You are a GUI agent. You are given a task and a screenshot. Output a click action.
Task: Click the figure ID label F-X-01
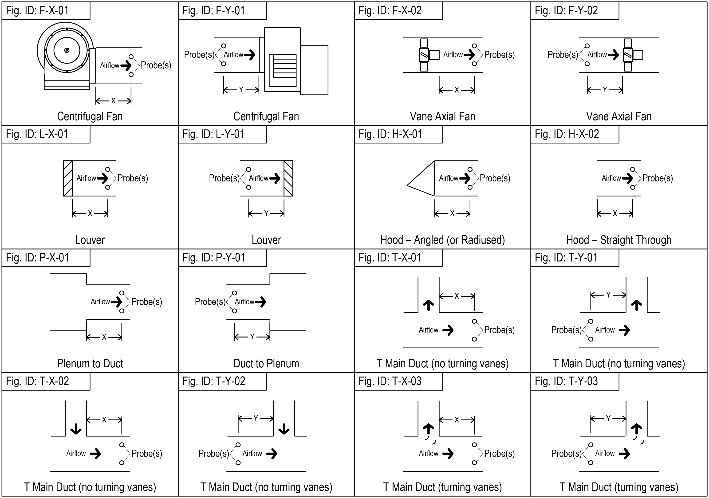(37, 11)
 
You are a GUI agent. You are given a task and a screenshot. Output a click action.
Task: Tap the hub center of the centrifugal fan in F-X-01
(67, 50)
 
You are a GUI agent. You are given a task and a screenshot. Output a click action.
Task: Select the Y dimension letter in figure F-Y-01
(241, 90)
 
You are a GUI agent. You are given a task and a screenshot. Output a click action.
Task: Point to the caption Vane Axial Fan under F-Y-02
(619, 116)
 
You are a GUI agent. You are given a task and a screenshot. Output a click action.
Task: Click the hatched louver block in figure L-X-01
(68, 178)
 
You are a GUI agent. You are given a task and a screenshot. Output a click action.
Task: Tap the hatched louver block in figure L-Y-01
(288, 178)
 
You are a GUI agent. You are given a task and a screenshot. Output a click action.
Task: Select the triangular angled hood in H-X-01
(421, 178)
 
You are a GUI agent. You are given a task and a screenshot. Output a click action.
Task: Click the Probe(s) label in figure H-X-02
(658, 178)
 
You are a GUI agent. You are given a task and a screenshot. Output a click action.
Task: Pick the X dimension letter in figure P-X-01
(104, 337)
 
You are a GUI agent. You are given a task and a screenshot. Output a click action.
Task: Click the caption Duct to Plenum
(266, 364)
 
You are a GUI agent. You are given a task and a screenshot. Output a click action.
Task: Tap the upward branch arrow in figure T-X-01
(428, 305)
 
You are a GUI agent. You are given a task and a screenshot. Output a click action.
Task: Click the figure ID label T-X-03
(390, 381)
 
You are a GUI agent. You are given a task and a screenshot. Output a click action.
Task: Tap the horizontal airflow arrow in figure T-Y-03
(624, 454)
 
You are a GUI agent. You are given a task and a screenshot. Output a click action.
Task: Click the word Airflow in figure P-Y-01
(244, 302)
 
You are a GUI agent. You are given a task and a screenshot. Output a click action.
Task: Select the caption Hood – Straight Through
(619, 240)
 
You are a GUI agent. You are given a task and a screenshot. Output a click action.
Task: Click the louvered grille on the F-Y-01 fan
(283, 70)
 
